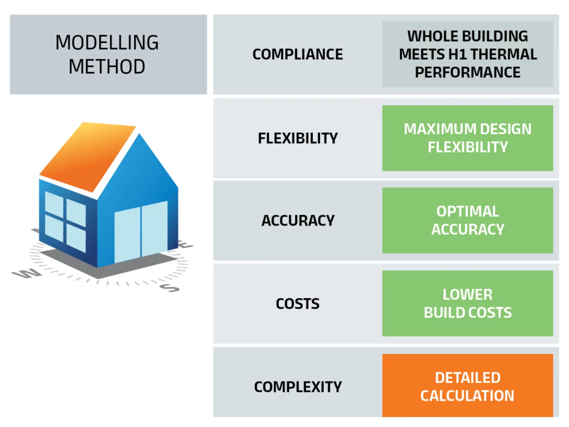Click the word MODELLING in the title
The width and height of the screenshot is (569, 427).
pyautogui.click(x=107, y=43)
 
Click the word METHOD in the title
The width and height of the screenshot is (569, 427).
pyautogui.click(x=107, y=67)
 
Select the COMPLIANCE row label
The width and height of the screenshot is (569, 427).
pyautogui.click(x=297, y=54)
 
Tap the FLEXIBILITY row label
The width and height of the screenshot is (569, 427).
pyautogui.click(x=297, y=138)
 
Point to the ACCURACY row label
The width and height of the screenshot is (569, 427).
pyautogui.click(x=297, y=220)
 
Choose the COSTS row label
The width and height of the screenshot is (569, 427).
pyautogui.click(x=297, y=304)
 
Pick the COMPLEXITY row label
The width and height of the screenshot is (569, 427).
pyautogui.click(x=297, y=387)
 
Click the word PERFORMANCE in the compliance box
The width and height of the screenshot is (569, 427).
pyautogui.click(x=467, y=72)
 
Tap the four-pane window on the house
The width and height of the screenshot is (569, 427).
pyautogui.click(x=65, y=221)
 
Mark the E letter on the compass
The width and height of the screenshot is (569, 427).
pyautogui.click(x=185, y=244)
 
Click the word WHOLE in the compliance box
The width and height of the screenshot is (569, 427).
pyautogui.click(x=428, y=36)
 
